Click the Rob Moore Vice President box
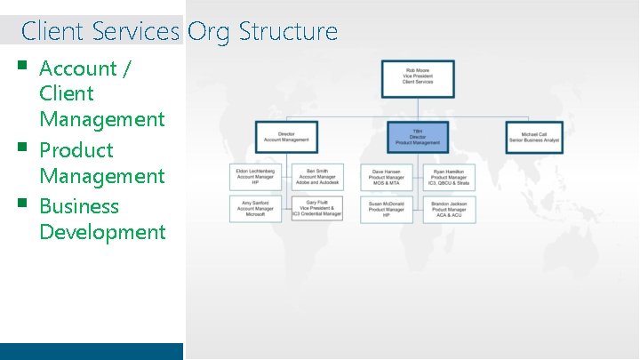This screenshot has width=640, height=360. click(418, 78)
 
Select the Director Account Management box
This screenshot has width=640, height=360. click(286, 137)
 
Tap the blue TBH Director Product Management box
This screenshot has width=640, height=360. click(418, 137)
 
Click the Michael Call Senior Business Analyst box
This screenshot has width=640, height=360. click(535, 137)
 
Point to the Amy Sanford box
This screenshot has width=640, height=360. click(255, 209)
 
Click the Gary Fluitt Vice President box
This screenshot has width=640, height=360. click(317, 209)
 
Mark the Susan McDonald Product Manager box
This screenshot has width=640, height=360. click(386, 209)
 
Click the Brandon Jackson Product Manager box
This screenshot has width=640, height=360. click(449, 209)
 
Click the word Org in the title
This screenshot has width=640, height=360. click(208, 32)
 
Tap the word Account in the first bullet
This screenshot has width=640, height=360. click(78, 68)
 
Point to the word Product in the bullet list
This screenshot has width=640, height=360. click(76, 150)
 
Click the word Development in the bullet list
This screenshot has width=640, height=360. click(102, 232)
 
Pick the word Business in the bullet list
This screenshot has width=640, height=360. click(79, 206)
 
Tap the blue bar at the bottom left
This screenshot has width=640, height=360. click(92, 351)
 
